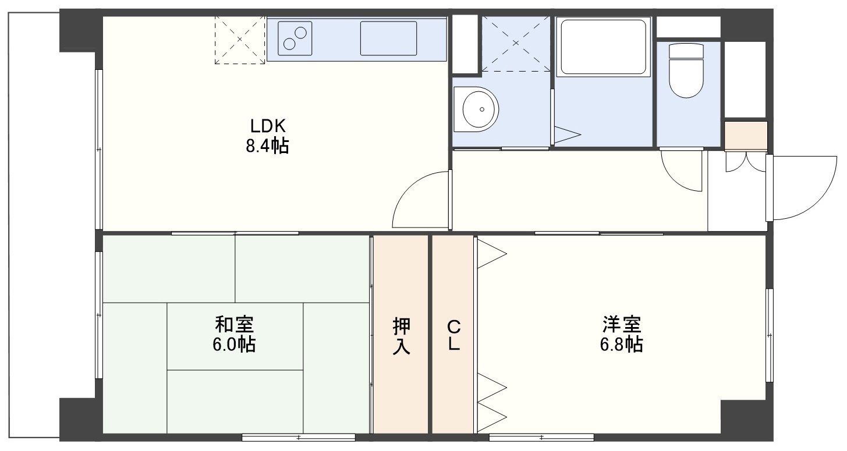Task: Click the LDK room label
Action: point(267,126)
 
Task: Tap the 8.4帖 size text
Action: point(267,145)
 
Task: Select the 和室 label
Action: point(234,324)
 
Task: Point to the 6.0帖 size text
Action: point(234,345)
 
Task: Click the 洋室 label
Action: point(622,324)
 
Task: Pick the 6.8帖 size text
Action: point(622,345)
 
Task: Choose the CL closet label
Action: point(453,336)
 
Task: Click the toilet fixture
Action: point(686,70)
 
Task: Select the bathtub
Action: point(603,47)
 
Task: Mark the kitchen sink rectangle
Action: point(388,38)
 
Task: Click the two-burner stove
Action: point(295,38)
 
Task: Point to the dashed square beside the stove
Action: point(240,40)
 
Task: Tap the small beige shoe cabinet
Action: point(746,136)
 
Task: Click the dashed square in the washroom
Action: point(516,44)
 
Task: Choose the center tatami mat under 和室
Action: point(235,336)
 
